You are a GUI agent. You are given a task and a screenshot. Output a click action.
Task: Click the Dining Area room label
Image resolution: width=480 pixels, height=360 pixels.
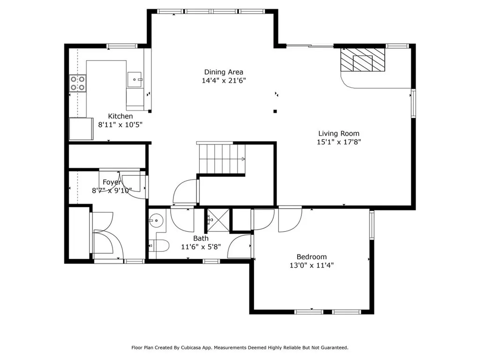224,72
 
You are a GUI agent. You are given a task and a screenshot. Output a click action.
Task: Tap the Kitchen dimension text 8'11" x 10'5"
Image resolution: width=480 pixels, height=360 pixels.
120,125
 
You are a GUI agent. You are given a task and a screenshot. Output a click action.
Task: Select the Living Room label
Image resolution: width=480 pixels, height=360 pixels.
339,133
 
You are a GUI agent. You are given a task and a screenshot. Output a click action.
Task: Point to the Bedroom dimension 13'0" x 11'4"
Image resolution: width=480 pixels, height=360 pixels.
312,265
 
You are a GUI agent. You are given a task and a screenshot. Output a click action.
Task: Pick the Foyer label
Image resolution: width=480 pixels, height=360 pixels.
112,182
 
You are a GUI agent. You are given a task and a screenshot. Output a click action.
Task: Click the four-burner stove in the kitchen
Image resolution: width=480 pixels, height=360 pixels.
78,83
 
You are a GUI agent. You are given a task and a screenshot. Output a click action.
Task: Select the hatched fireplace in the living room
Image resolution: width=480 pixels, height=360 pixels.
362,61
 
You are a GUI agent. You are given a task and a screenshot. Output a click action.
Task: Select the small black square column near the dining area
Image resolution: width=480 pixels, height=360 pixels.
275,112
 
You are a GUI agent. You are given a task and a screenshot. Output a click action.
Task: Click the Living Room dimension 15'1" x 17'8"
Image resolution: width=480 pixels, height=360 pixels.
339,142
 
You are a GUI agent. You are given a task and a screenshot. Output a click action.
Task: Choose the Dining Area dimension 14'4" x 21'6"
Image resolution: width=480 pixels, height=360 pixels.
224,80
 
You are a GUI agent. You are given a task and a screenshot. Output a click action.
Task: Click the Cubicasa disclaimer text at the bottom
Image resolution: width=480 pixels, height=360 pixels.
240,347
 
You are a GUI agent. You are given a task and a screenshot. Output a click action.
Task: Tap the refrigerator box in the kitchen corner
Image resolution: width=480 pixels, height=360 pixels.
81,129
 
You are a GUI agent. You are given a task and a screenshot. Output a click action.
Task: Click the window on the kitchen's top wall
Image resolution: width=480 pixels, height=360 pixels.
121,46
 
